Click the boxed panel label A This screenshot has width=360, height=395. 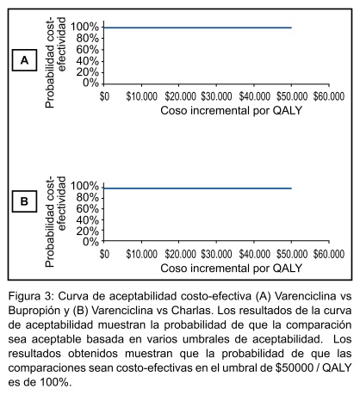coord(24,60)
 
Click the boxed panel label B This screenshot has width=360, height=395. coord(24,201)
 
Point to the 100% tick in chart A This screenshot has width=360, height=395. coord(84,27)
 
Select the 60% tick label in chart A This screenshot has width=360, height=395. coord(88,50)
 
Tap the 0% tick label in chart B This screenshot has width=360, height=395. coord(90,242)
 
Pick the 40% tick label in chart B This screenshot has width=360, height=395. coord(88,220)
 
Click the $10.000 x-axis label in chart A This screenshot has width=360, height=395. coord(141,96)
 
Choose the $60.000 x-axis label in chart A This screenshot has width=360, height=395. coord(329,96)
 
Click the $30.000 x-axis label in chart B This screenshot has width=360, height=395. coord(216,254)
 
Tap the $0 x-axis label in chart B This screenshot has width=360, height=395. coord(104,254)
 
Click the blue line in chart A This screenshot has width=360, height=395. coord(197,28)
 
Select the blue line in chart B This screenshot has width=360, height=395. coord(197,188)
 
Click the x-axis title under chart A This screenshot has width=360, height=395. coord(231,110)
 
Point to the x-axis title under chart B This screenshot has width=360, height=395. coord(231,268)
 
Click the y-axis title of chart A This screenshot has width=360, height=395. coord(55,62)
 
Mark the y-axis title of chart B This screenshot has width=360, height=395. coord(55,221)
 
